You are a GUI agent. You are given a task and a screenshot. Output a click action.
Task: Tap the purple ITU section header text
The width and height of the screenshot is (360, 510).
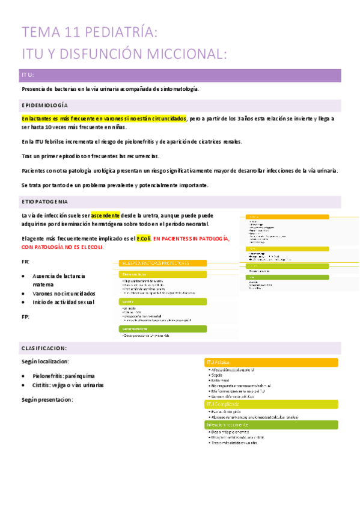tap(28, 75)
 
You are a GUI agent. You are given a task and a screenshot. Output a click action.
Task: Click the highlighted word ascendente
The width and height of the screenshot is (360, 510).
tap(105, 215)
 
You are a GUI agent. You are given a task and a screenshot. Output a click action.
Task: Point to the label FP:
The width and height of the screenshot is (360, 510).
tap(25, 316)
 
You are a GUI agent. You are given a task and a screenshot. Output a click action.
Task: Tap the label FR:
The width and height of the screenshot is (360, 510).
tap(25, 262)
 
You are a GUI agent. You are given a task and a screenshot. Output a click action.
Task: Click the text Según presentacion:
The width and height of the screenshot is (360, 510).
tap(47, 399)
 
